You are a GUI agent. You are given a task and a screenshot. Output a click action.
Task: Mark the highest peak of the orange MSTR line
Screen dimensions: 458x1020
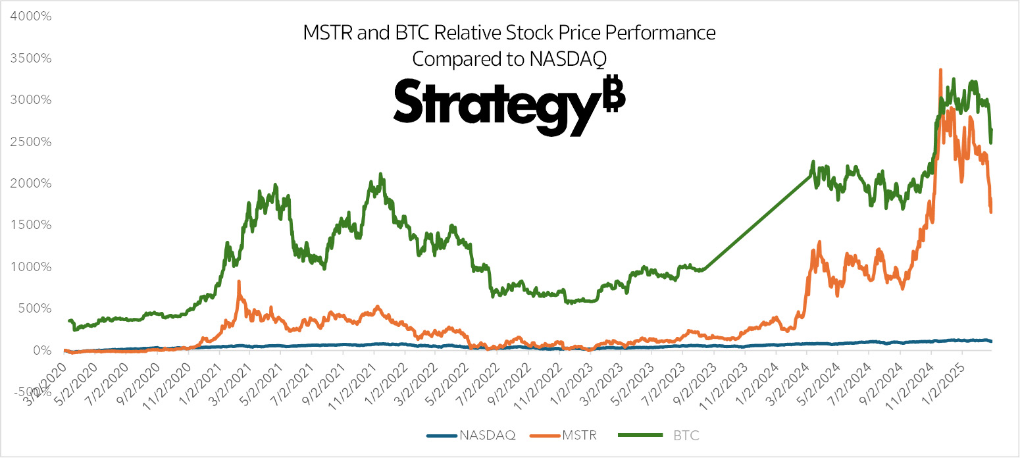940,70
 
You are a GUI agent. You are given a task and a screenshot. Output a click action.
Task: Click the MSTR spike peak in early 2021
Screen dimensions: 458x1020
238,282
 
